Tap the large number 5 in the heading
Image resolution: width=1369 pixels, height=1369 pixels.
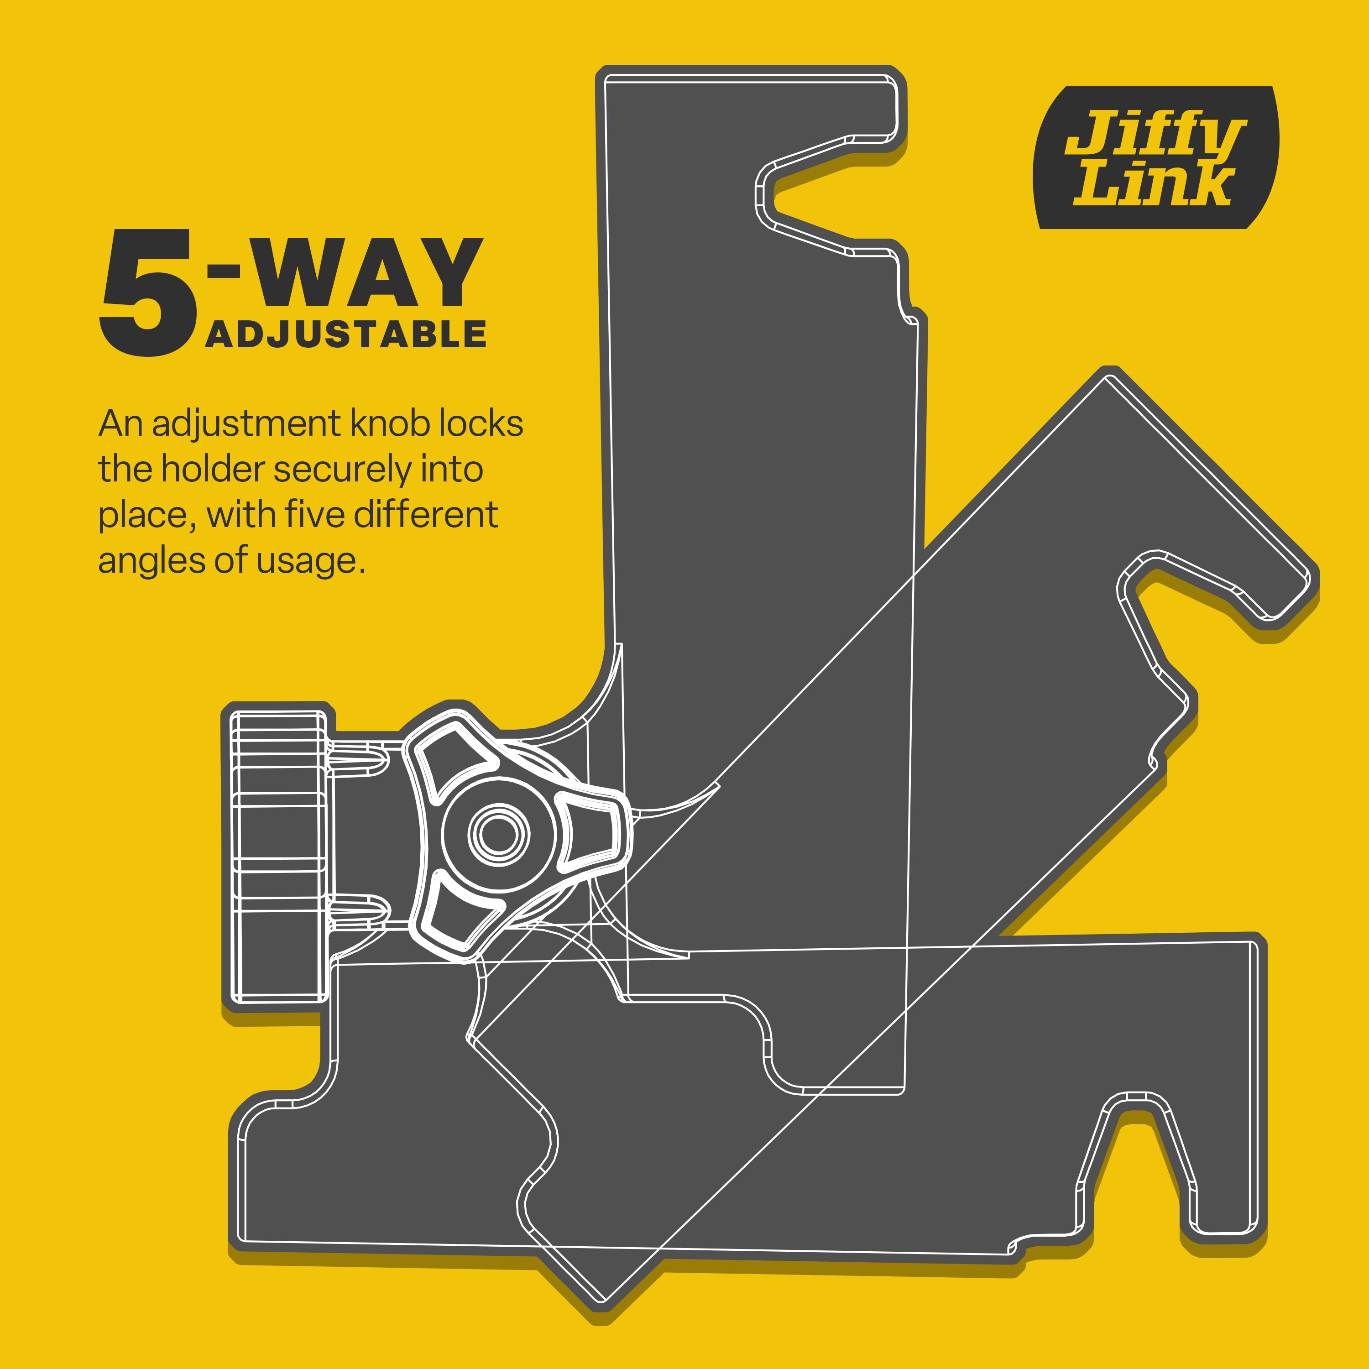click(x=147, y=292)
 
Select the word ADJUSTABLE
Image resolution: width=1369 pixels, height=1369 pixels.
click(x=346, y=334)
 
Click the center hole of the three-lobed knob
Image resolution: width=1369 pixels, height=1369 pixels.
click(x=498, y=834)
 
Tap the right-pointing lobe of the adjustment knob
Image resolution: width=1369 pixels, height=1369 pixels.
click(x=590, y=834)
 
